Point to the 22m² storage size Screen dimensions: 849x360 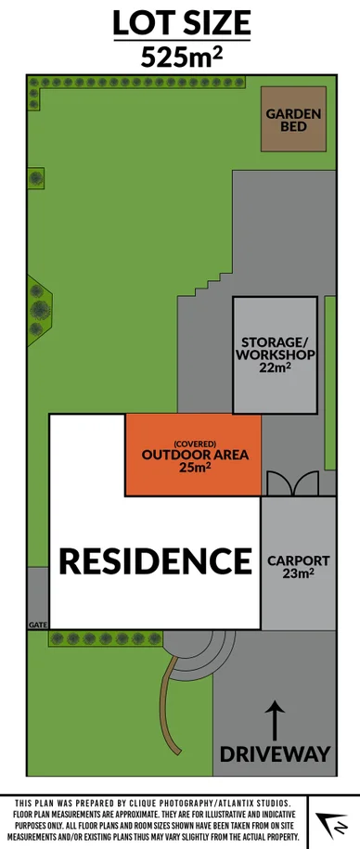click(275, 368)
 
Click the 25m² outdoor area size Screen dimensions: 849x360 click(193, 468)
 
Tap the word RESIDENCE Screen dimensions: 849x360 click(155, 560)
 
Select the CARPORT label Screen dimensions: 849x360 click(298, 560)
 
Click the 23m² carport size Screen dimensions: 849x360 click(298, 573)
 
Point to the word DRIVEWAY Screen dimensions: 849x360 click(275, 753)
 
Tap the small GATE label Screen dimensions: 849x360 click(38, 624)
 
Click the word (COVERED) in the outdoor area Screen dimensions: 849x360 click(193, 443)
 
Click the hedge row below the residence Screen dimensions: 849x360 click(104, 638)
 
